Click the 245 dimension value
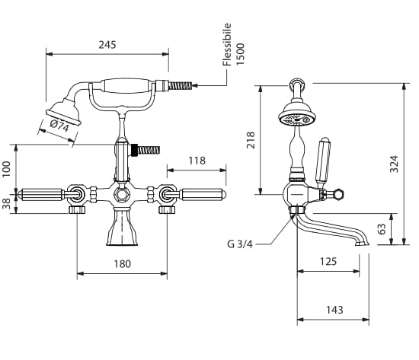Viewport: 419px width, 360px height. click(x=107, y=45)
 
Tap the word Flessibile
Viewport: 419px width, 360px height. click(x=227, y=45)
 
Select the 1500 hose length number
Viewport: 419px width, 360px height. click(x=240, y=54)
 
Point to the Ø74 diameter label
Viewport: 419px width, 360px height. click(x=59, y=126)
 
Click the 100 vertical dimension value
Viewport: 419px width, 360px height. click(x=6, y=169)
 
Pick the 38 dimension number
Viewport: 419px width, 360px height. click(x=6, y=203)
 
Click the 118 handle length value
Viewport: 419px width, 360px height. click(x=197, y=161)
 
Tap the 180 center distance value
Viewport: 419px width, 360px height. click(x=123, y=264)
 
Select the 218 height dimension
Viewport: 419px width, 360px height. click(x=251, y=140)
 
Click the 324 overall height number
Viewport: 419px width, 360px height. click(x=394, y=164)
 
